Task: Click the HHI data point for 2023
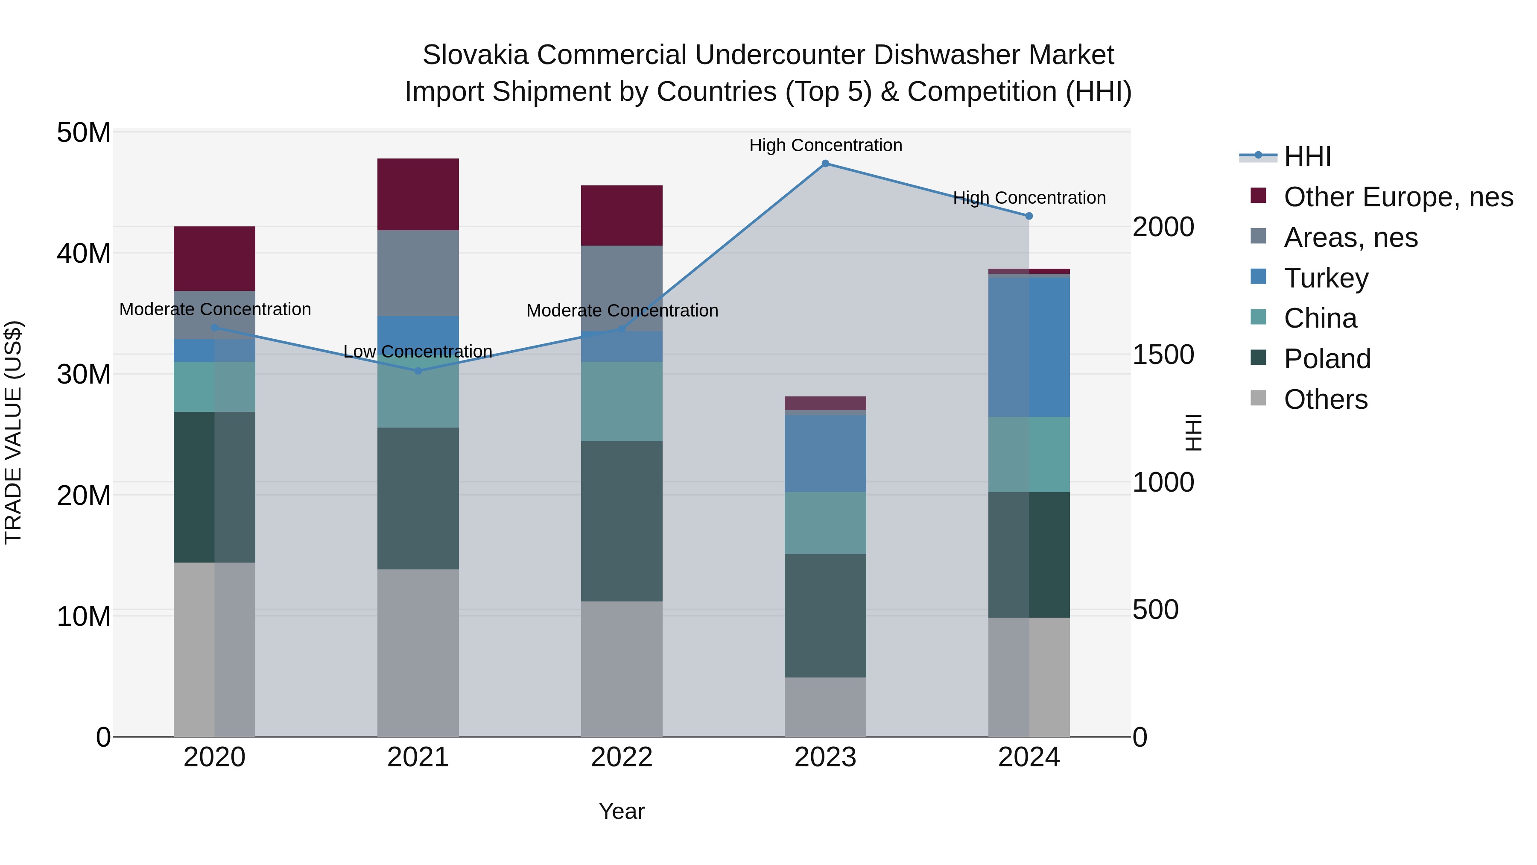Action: click(x=825, y=164)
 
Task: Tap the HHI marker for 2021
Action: click(x=418, y=371)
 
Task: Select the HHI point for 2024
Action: click(x=1029, y=216)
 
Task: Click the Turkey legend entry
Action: click(x=1326, y=278)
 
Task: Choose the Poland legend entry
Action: click(x=1327, y=359)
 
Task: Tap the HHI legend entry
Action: click(x=1307, y=156)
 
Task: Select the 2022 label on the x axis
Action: click(x=622, y=757)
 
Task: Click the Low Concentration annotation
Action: click(x=418, y=352)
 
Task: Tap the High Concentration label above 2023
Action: click(x=825, y=145)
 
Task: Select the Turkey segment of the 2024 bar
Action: click(x=1029, y=347)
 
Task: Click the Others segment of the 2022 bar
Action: click(x=622, y=669)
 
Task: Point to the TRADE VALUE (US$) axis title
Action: click(x=13, y=432)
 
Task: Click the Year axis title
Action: click(x=622, y=811)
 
